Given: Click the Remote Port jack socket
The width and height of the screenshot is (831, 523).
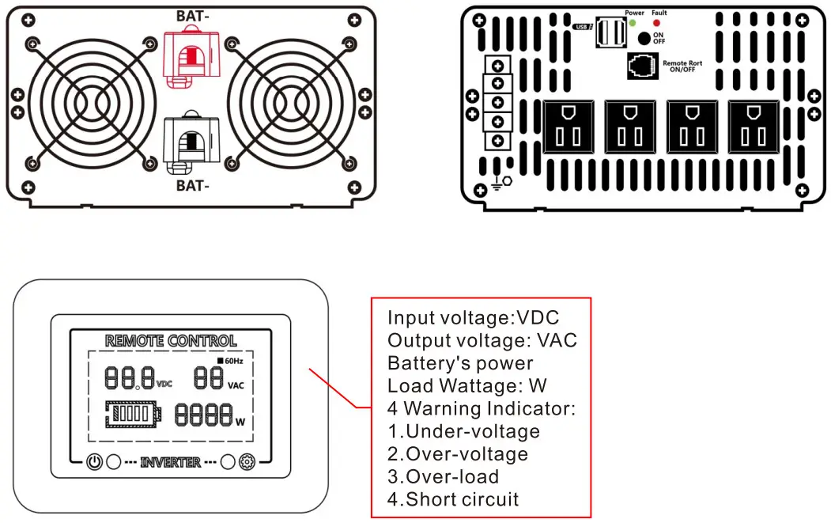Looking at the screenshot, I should click(641, 66).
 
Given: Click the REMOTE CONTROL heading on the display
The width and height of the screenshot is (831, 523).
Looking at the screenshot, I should click(171, 341).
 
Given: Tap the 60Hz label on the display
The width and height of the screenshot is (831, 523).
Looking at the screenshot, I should click(231, 361).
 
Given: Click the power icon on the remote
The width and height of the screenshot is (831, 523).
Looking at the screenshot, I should click(94, 462).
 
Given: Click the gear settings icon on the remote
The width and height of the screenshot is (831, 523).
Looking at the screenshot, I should click(247, 462).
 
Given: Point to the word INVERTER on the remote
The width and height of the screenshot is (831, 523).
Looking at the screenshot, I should click(170, 462).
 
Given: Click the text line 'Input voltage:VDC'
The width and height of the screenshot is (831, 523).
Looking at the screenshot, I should click(473, 318).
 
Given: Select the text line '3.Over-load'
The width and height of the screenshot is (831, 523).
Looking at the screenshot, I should click(443, 476).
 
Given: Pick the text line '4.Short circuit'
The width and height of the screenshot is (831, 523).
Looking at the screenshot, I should click(453, 499).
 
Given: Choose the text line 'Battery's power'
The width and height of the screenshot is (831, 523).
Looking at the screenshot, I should click(460, 363).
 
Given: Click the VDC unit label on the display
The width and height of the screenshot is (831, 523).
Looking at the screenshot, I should click(164, 384).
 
